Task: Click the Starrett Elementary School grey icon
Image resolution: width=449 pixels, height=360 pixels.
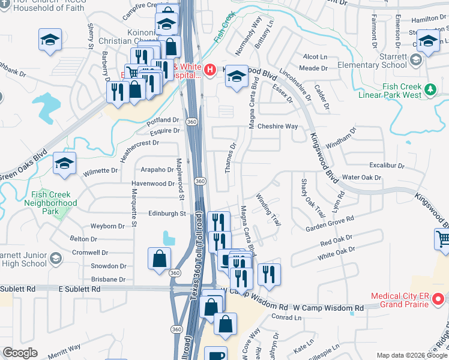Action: click(x=415, y=59)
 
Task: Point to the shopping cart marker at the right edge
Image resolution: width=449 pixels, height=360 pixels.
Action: click(x=443, y=239)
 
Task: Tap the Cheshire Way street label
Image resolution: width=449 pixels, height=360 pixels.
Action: click(x=277, y=127)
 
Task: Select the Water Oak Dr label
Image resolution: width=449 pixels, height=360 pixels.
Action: click(x=361, y=178)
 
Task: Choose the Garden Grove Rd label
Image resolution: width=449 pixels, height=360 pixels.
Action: click(x=330, y=224)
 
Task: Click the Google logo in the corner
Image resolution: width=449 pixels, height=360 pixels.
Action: click(x=20, y=353)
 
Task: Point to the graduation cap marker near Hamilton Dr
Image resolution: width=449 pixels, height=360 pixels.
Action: click(x=427, y=41)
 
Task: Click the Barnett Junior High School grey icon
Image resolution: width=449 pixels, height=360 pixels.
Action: click(x=56, y=258)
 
